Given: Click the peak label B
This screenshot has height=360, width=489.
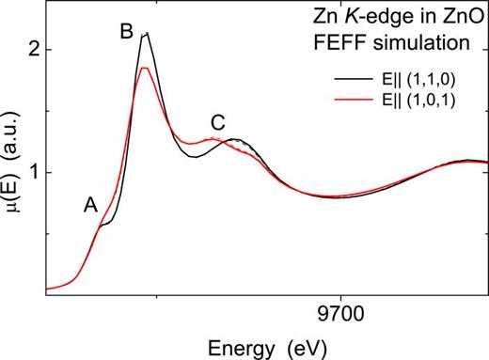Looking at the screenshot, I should coord(125,31).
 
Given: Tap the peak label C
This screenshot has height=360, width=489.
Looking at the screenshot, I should coord(218,121).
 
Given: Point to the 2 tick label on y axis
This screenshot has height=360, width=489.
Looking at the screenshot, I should coord(32,49).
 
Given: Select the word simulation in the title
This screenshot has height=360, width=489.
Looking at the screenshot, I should coord(434,41).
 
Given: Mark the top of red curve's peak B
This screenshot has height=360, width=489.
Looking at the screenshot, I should coord(143,68).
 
